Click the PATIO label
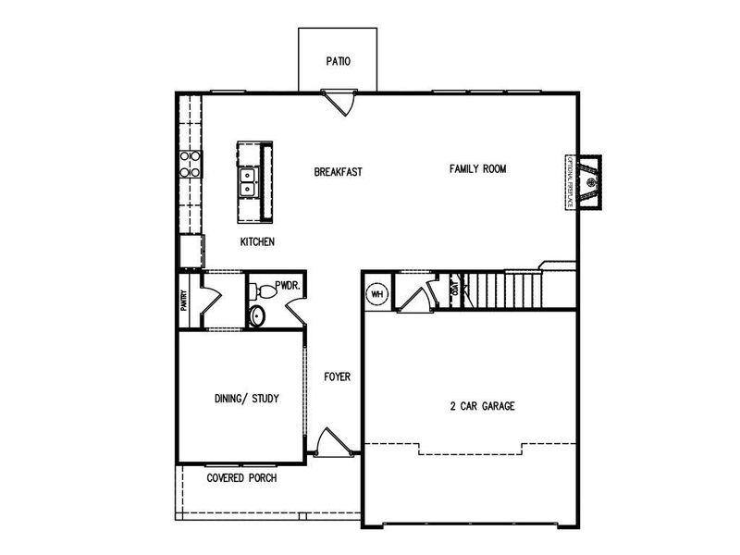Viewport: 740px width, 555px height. click(x=338, y=62)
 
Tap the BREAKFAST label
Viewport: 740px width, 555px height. click(x=337, y=172)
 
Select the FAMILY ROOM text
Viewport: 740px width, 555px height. click(x=478, y=168)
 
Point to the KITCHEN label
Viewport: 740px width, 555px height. click(x=258, y=241)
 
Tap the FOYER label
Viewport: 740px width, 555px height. click(x=337, y=376)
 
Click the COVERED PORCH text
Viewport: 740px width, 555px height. click(x=242, y=478)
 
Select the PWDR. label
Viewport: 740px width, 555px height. click(x=287, y=287)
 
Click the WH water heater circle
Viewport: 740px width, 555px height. click(x=377, y=295)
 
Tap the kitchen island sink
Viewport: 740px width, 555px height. click(x=248, y=181)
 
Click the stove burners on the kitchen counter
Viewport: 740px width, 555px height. click(x=191, y=164)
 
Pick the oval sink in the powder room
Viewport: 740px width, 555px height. click(x=257, y=316)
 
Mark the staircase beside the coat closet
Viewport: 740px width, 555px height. click(x=501, y=289)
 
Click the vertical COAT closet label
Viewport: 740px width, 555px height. click(x=453, y=290)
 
